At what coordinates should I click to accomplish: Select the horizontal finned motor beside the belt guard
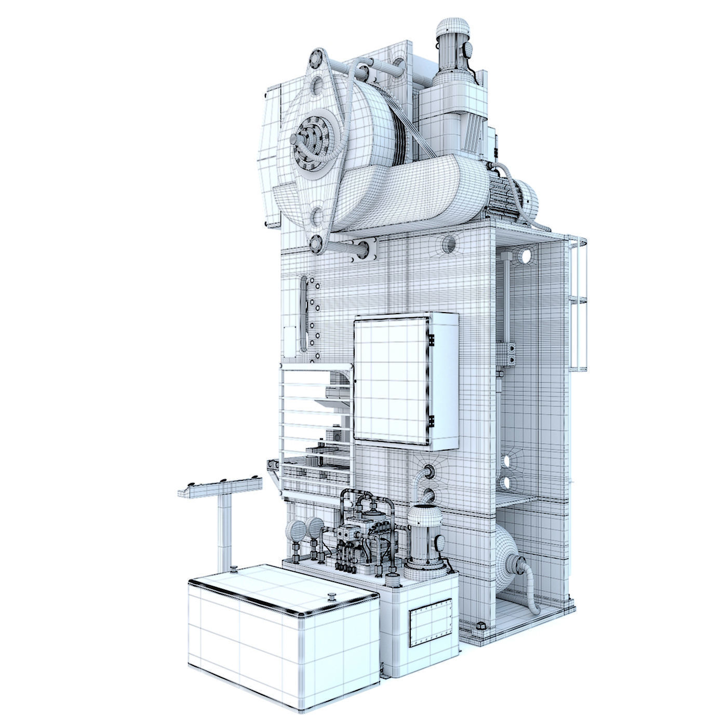pyautogui.click(x=511, y=199)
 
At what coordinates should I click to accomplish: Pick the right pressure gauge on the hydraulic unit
pyautogui.click(x=313, y=528)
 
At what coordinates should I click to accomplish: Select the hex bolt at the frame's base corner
pyautogui.click(x=480, y=627)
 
